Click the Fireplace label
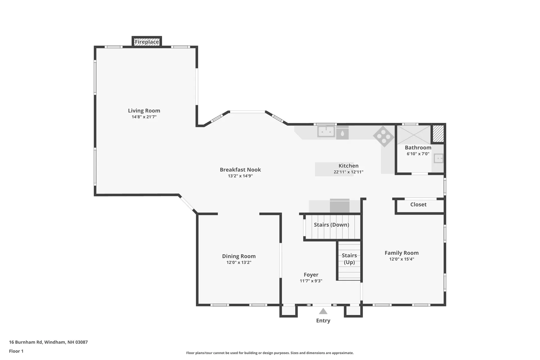[x=147, y=42]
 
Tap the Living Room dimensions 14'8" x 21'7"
[x=144, y=117]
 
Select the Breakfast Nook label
[x=240, y=170]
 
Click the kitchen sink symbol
[x=326, y=131]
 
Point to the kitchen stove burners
[x=384, y=136]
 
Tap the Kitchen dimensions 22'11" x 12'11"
[x=348, y=172]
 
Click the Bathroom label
[x=418, y=148]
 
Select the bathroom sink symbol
[x=438, y=158]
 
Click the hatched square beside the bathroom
[x=438, y=134]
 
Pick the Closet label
[x=418, y=204]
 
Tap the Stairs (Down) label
[x=332, y=225]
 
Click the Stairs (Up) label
[x=349, y=259]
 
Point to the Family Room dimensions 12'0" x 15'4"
[x=402, y=259]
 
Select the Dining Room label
[x=239, y=256]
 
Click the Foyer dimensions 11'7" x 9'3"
[x=311, y=281]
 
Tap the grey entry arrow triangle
[x=323, y=311]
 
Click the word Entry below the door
[x=323, y=321]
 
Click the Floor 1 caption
[x=16, y=351]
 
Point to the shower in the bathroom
[x=414, y=135]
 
